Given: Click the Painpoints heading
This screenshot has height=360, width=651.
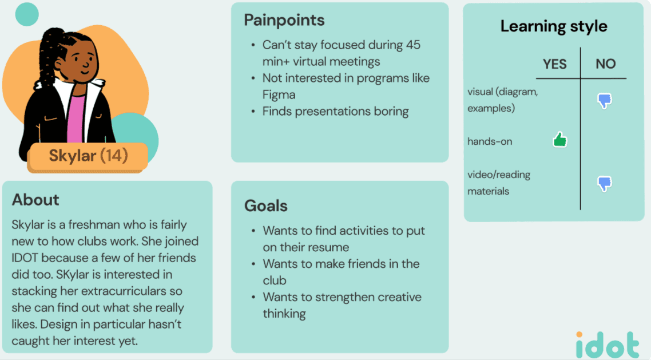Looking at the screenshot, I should pyautogui.click(x=284, y=21).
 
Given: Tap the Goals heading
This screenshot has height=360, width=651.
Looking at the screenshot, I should pyautogui.click(x=266, y=206).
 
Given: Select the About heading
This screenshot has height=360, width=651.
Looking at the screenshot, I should pyautogui.click(x=35, y=200).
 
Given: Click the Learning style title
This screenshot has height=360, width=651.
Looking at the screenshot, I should pyautogui.click(x=554, y=26).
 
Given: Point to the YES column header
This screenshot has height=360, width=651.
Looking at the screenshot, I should pyautogui.click(x=554, y=64).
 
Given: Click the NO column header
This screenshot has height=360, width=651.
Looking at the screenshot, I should pyautogui.click(x=605, y=64).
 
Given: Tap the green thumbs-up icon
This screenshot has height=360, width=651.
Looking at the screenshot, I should pyautogui.click(x=559, y=139).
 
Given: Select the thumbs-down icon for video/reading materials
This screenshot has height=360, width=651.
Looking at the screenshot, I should pyautogui.click(x=605, y=184).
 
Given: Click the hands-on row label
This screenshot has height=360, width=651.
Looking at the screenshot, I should pyautogui.click(x=490, y=141).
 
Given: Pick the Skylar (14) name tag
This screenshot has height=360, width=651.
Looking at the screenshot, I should pyautogui.click(x=88, y=156).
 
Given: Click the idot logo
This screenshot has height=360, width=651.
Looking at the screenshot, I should pyautogui.click(x=608, y=345).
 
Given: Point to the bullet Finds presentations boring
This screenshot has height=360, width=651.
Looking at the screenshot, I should pyautogui.click(x=335, y=111).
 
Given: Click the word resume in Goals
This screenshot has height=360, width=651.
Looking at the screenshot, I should pyautogui.click(x=328, y=247).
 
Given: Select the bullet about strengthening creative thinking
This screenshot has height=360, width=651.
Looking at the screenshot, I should pyautogui.click(x=342, y=305).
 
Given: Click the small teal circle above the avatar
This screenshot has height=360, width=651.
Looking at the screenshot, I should pyautogui.click(x=27, y=14).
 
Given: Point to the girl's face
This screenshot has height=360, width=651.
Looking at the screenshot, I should pyautogui.click(x=79, y=62).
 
